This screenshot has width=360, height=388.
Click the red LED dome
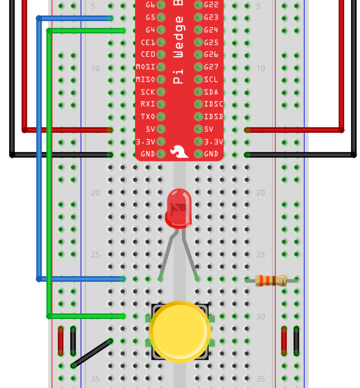click(178, 208)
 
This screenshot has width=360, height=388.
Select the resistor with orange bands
click(271, 280)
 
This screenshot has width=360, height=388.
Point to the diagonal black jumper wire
click(92, 354)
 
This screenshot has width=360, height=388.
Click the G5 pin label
click(150, 18)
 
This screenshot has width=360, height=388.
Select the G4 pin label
click(150, 30)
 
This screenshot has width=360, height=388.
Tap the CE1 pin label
click(148, 43)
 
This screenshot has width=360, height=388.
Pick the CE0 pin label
click(148, 55)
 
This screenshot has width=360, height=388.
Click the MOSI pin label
click(145, 67)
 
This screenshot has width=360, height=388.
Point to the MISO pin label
click(145, 80)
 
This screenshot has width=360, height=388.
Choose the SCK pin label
click(148, 92)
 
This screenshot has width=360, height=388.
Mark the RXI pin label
click(148, 104)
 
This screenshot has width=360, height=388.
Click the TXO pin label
click(148, 117)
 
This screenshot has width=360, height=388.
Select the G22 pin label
click(211, 5)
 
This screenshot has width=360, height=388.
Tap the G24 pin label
click(211, 30)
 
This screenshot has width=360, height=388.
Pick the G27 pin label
click(211, 67)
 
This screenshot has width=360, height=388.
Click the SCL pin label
click(211, 80)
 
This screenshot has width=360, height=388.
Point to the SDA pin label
click(211, 92)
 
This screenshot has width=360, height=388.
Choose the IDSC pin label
click(213, 104)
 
